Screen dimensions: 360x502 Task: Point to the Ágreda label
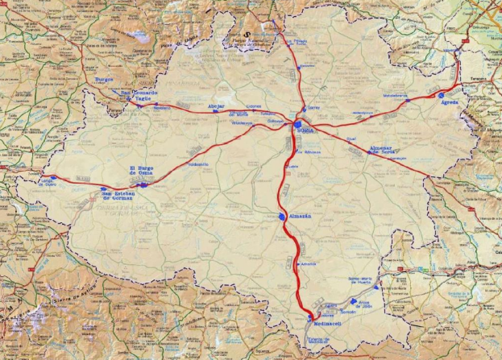pos(450,104)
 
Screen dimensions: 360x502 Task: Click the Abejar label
pos(216,106)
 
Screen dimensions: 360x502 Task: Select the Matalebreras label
pos(396,97)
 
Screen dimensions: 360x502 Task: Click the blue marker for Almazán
pos(281,217)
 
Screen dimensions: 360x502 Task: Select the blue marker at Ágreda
pos(442,95)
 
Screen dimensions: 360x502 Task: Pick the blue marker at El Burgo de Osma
pos(143,184)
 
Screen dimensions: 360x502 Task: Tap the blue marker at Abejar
pos(215,112)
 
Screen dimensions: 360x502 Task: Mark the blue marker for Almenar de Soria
pos(371,153)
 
